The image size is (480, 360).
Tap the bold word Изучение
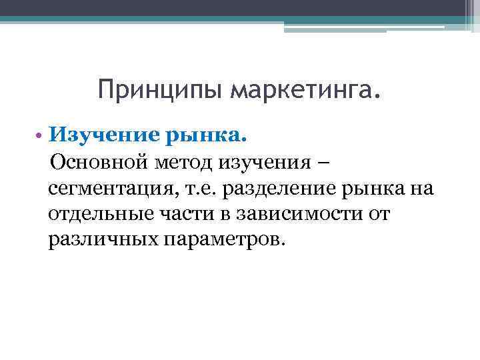99,136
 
